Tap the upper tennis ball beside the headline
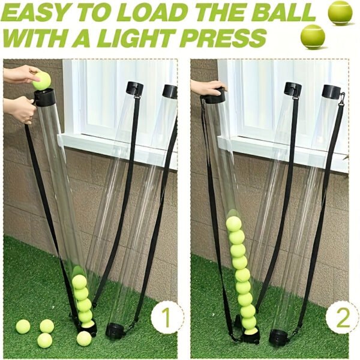(x=340, y=13)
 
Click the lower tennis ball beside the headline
(x=313, y=36)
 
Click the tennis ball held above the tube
(x=41, y=80)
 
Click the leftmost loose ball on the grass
(x=23, y=326)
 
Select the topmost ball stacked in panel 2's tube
(x=233, y=224)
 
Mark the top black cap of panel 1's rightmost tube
(x=170, y=91)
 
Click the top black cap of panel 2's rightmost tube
(x=331, y=92)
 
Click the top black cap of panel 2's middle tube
(x=292, y=89)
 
